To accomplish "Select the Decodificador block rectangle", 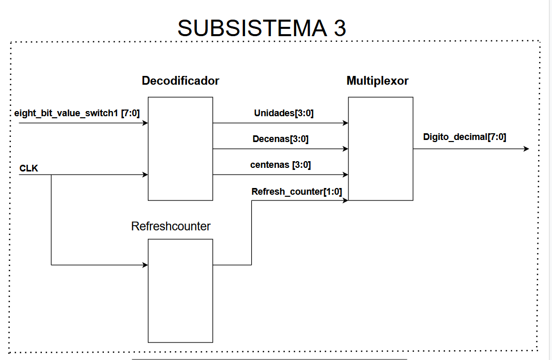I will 180,148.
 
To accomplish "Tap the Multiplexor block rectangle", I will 380,148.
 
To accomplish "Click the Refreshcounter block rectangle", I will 180,290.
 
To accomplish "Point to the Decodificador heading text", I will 180,81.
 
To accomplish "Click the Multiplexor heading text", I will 377,81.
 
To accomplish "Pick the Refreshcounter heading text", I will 171,226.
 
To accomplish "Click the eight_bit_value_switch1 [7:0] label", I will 77,113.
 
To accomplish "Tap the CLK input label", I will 28,168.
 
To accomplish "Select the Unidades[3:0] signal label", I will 284,114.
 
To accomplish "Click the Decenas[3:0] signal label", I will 281,139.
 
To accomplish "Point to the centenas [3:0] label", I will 280,165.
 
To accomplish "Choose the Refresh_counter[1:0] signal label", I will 297,192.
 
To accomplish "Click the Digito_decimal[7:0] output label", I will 464,137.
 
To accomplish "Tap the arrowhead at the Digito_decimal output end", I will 526,149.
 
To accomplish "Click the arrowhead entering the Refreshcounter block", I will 145,265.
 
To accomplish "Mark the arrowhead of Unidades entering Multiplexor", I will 345,123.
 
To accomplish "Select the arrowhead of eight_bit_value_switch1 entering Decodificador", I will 145,123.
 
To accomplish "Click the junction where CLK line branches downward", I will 51,175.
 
